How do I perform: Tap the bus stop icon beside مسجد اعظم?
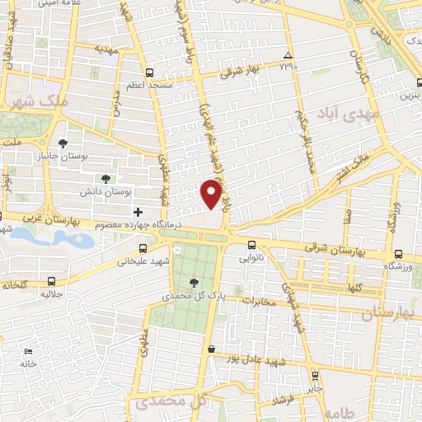click(x=149, y=72)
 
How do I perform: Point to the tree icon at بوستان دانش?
click(x=105, y=178)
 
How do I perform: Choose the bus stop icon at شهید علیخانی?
click(x=143, y=247)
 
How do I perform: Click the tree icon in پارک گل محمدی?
click(x=194, y=282)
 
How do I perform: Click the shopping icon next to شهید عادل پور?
click(x=213, y=349)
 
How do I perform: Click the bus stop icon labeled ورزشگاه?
click(x=399, y=254)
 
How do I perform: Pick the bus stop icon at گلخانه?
click(x=52, y=281)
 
